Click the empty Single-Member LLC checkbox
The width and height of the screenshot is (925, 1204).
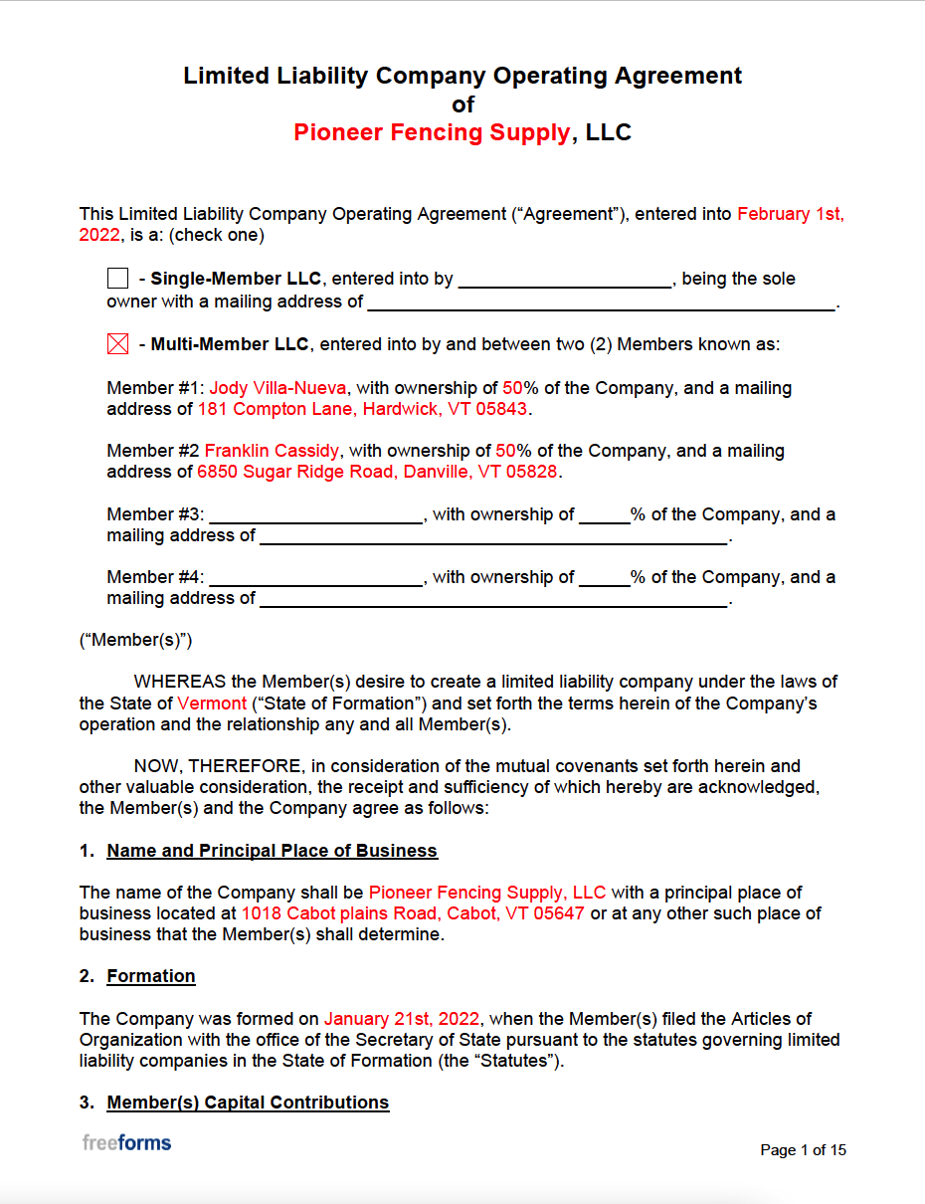click(117, 279)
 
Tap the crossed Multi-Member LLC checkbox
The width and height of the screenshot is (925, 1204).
click(117, 344)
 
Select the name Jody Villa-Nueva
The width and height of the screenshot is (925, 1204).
click(277, 388)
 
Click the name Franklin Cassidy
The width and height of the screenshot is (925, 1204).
click(272, 451)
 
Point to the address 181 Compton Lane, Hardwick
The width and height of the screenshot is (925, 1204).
click(364, 409)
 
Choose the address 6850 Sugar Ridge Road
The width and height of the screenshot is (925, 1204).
click(377, 472)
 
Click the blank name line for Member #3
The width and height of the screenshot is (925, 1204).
click(316, 514)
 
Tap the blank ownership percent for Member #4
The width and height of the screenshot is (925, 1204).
click(604, 577)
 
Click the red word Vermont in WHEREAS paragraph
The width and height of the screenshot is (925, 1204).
click(212, 703)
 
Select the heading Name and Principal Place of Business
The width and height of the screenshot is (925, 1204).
click(272, 851)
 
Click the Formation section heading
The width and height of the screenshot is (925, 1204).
click(151, 976)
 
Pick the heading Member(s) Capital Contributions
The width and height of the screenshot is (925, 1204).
click(248, 1103)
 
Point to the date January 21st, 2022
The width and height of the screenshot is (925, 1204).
click(402, 1019)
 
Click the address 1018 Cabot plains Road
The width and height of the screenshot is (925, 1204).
click(413, 913)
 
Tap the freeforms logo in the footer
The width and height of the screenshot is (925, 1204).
click(126, 1142)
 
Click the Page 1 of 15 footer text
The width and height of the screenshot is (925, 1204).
click(803, 1150)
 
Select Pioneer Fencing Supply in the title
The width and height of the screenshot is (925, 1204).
click(432, 132)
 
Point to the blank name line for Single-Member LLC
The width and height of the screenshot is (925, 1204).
click(564, 279)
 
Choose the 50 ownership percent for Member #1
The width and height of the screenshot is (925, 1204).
click(511, 388)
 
